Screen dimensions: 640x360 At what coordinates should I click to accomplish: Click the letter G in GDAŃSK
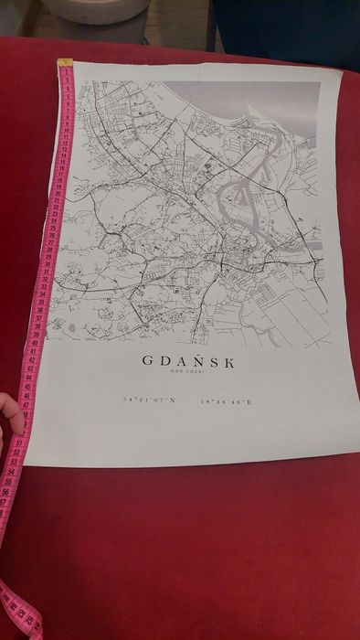coord(148,360)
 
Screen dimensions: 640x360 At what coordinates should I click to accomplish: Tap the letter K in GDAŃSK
coord(228,361)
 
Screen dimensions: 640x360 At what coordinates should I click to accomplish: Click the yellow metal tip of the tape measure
coord(65,64)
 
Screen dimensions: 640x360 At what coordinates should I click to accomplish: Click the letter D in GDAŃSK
coord(166,360)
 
